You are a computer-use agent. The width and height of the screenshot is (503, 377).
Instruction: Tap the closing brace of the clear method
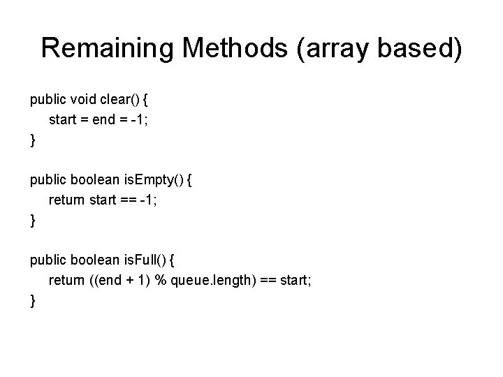click(x=33, y=140)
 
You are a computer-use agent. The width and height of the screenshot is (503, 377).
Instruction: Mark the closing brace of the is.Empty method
click(x=33, y=221)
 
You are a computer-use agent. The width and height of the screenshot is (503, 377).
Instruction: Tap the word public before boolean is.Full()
click(x=48, y=261)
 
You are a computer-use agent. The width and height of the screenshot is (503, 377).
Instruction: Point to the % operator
click(x=157, y=281)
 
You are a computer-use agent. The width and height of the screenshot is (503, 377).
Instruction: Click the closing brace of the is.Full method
click(x=33, y=302)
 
